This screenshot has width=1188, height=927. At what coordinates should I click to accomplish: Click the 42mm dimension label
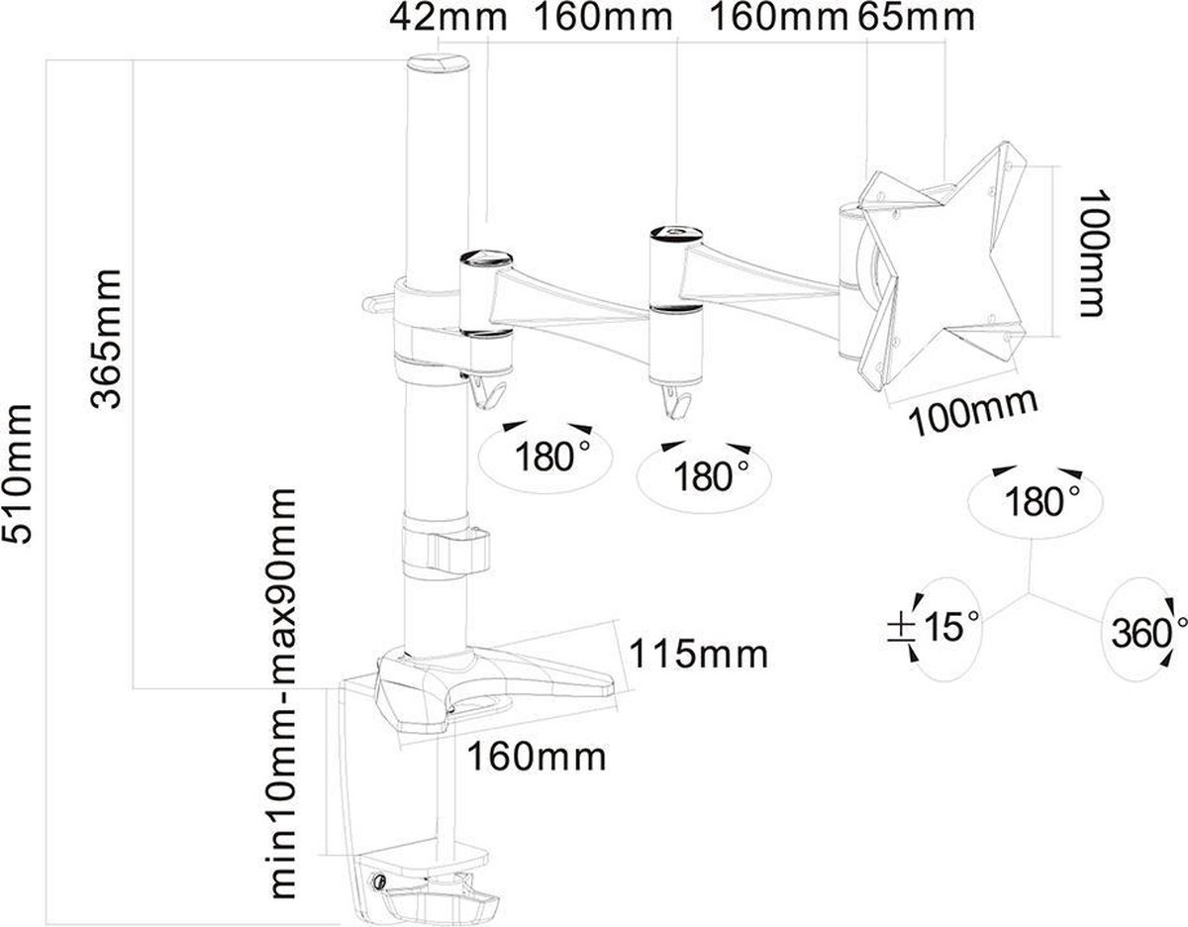coord(448,18)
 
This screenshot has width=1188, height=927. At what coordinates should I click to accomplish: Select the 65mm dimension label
coord(916,18)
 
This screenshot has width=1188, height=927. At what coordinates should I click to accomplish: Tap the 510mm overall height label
coord(17,474)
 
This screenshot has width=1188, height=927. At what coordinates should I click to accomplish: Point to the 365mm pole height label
coord(105,339)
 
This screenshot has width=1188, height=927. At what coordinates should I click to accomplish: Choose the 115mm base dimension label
coord(699,653)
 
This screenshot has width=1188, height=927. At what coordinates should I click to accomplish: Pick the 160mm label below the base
coord(537,757)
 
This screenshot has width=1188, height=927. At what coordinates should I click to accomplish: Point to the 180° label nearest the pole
coord(552,457)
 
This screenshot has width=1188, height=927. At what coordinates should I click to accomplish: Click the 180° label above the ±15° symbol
coord(1042,502)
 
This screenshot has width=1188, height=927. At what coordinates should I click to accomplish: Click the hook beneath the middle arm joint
coord(676,402)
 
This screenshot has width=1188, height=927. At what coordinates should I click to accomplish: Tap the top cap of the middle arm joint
coord(676,234)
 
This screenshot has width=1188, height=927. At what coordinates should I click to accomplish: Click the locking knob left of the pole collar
coord(377,303)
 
